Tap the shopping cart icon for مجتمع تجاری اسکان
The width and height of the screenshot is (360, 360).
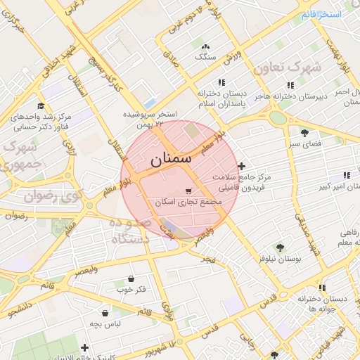click(188, 191)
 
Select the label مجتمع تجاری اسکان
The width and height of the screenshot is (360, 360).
click(188, 202)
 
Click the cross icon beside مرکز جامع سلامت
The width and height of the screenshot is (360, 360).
click(242, 167)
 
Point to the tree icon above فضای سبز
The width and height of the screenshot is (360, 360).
click(304, 132)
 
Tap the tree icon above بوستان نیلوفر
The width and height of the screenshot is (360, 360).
click(280, 247)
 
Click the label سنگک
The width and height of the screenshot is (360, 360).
click(205, 56)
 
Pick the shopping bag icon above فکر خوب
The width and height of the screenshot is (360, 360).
click(131, 278)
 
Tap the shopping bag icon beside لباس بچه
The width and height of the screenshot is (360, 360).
click(105, 313)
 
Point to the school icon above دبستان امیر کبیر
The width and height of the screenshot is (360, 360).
click(345, 175)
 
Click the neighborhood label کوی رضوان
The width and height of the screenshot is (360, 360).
click(49, 196)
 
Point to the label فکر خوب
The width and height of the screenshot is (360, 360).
click(131, 289)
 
